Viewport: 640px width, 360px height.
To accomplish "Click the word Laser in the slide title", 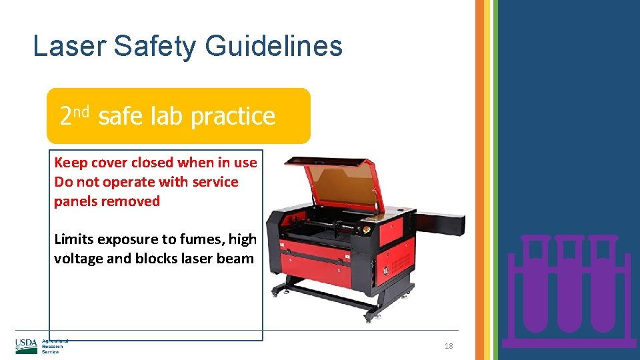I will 70,47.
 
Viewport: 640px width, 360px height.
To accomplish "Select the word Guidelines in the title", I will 274,47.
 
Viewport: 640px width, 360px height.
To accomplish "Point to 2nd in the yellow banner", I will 73,115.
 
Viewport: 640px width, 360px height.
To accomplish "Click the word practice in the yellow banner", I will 233,117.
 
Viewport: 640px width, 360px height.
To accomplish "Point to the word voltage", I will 78,259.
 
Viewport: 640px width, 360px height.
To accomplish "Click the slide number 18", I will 449,346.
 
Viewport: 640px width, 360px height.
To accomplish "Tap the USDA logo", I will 27,345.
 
